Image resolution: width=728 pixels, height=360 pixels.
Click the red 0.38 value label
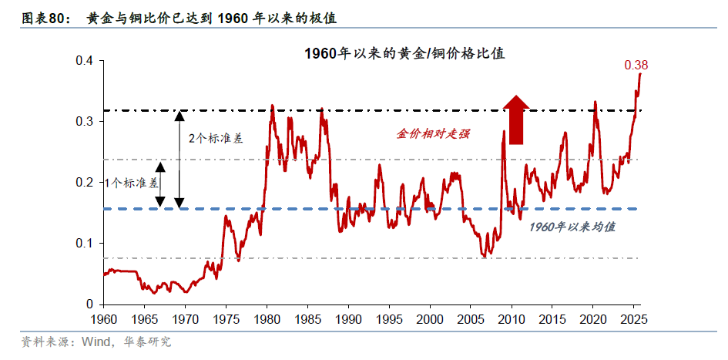[x=636, y=66]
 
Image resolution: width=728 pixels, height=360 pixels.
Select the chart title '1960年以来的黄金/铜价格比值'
[x=404, y=54]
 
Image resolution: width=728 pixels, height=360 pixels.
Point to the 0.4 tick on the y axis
[x=84, y=61]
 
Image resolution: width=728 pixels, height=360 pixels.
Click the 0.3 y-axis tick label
[x=84, y=122]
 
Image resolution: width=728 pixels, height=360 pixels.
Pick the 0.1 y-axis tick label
[x=84, y=244]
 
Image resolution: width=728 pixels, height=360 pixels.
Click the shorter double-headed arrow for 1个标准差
[x=160, y=184]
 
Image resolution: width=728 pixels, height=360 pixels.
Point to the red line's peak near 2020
[x=595, y=100]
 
